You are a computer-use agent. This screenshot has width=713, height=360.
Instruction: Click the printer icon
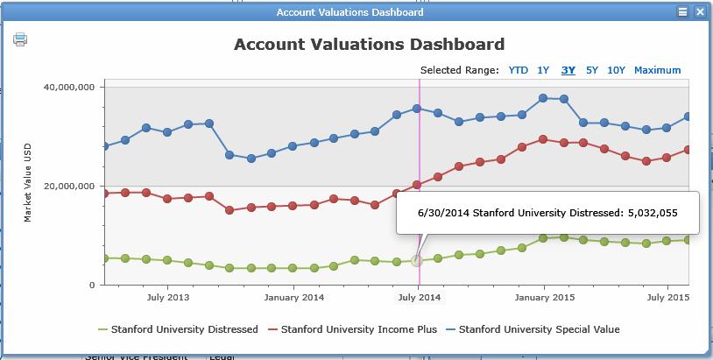pyautogui.click(x=20, y=39)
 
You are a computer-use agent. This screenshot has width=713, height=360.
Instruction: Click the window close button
pyautogui.click(x=700, y=12)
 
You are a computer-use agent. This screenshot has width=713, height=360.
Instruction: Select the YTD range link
pyautogui.click(x=519, y=70)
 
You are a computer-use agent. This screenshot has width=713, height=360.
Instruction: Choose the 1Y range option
pyautogui.click(x=543, y=70)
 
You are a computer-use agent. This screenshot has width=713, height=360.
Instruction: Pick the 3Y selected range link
pyautogui.click(x=568, y=70)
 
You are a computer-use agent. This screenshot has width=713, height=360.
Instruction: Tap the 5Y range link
pyautogui.click(x=592, y=70)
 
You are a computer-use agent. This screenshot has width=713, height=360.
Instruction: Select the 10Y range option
pyautogui.click(x=616, y=70)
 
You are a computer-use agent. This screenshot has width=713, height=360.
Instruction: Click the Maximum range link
pyautogui.click(x=657, y=70)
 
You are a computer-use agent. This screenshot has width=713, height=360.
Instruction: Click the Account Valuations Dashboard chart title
pyautogui.click(x=369, y=44)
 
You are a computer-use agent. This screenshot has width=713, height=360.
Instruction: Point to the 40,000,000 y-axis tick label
pyautogui.click(x=69, y=87)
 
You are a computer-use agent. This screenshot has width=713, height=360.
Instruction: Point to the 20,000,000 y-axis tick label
pyautogui.click(x=69, y=186)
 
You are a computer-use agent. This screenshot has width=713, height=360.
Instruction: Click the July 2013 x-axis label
pyautogui.click(x=166, y=298)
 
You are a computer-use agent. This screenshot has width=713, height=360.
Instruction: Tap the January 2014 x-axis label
pyautogui.click(x=294, y=298)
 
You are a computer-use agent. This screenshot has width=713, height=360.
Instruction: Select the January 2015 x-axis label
pyautogui.click(x=545, y=298)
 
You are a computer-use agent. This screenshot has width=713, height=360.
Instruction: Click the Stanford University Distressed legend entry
pyautogui.click(x=184, y=329)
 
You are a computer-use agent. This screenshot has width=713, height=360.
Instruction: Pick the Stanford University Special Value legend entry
pyautogui.click(x=539, y=329)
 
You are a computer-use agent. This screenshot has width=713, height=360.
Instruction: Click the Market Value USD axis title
pyautogui.click(x=28, y=186)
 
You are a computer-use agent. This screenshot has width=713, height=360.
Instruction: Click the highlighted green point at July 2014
pyautogui.click(x=418, y=261)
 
